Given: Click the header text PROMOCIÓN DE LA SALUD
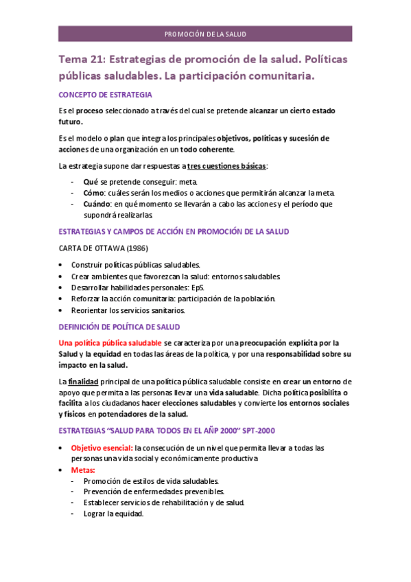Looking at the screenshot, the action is (205, 34).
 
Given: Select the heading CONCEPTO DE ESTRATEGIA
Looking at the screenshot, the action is (106, 95).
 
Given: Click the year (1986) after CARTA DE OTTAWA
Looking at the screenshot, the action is (132, 248).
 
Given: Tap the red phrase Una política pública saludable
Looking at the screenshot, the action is (110, 343).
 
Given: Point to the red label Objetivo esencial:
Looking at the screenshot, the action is (102, 447).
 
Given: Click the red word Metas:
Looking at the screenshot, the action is (84, 470).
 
